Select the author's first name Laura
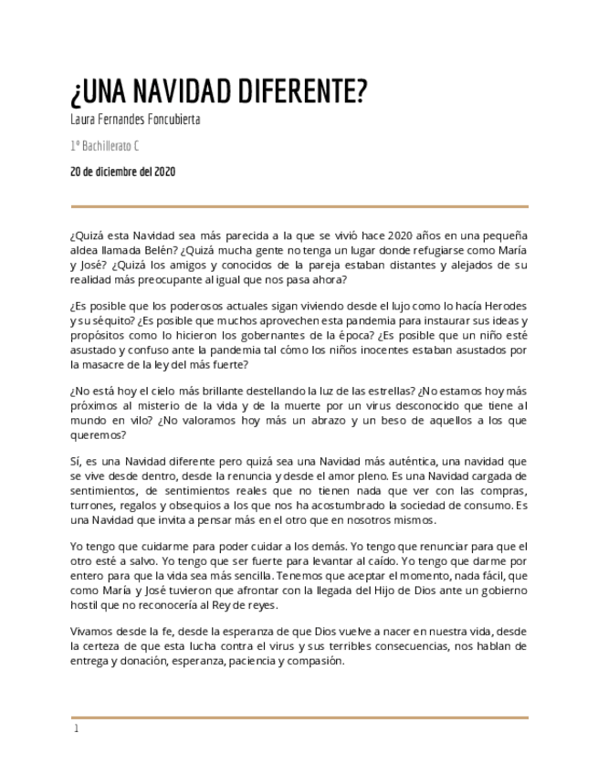pyautogui.click(x=84, y=120)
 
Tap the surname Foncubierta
pyautogui.click(x=169, y=120)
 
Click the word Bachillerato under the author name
pyautogui.click(x=107, y=145)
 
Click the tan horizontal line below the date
pyautogui.click(x=299, y=207)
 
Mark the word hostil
pyautogui.click(x=85, y=604)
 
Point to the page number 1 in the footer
pyautogui.click(x=77, y=729)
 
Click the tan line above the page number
pyautogui.click(x=299, y=717)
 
